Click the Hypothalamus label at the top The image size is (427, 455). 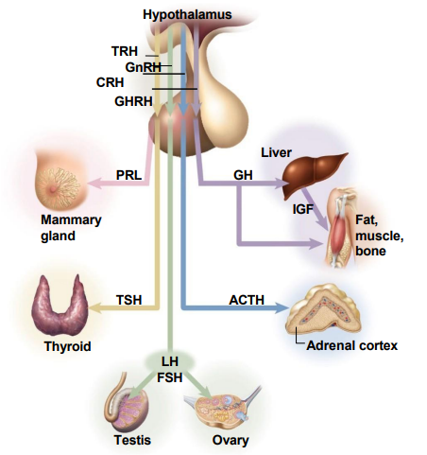pos(187,14)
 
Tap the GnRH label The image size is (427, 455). pos(143,67)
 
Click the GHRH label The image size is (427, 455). pos(134,100)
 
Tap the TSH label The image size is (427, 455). pos(129,300)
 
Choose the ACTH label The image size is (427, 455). pos(248,300)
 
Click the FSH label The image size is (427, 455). pos(171,376)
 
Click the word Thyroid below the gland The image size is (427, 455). pos(67,346)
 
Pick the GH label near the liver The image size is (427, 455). pos(244,175)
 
